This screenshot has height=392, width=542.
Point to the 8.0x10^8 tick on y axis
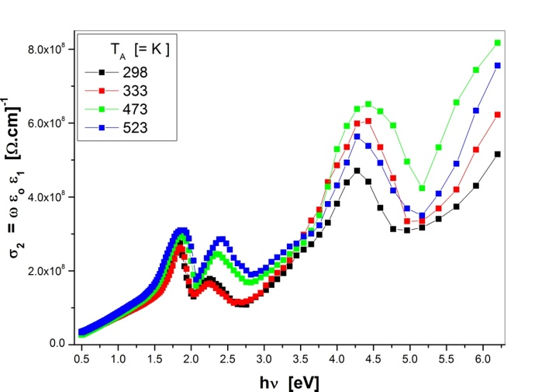point(51,49)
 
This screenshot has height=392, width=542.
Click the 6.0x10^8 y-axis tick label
point(51,123)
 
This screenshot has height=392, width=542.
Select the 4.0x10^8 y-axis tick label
point(51,196)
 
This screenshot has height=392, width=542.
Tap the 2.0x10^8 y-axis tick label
point(51,270)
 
